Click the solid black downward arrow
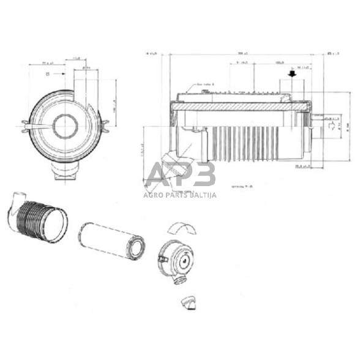[x=292, y=74]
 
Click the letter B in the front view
[x=47, y=75]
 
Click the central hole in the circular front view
[x=65, y=127]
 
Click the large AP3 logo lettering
[x=181, y=174]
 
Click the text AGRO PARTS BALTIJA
[x=181, y=195]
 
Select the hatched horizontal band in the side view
[x=239, y=108]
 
